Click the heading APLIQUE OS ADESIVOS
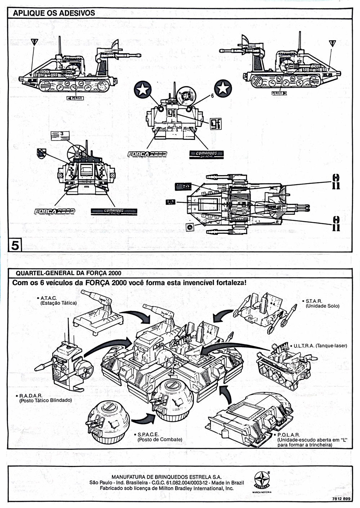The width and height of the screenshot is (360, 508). [x=54, y=13]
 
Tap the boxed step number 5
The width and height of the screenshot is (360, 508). [x=15, y=245]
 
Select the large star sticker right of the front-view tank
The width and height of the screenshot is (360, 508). [x=223, y=88]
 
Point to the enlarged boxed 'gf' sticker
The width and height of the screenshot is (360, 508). [x=216, y=124]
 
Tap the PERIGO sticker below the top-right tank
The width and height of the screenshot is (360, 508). [x=279, y=93]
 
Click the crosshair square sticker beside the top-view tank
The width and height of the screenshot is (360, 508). [x=190, y=227]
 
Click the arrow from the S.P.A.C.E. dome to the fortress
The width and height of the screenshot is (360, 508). [x=144, y=419]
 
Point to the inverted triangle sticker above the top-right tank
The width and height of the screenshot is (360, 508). [x=333, y=44]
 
